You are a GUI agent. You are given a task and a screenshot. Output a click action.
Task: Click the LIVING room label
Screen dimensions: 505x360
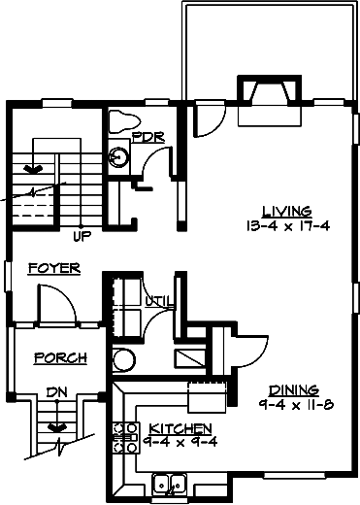pos(286,211)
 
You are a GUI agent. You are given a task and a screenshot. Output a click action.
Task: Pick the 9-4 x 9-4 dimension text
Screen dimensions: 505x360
pos(180,442)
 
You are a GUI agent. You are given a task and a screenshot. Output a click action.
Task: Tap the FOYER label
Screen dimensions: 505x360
pos(53,268)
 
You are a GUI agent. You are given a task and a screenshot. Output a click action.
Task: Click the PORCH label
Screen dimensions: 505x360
pos(60,358)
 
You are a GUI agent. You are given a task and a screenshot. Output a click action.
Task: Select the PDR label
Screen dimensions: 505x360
pos(147,137)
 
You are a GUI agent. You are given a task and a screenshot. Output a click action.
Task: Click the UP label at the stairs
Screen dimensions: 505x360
pos(82,235)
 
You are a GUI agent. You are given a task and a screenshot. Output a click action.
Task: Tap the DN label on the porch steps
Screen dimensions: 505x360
pos(57,393)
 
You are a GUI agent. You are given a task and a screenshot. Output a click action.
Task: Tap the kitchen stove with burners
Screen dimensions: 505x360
pos(124,436)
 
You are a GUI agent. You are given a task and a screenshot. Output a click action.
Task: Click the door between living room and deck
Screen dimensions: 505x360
pos(206,120)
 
